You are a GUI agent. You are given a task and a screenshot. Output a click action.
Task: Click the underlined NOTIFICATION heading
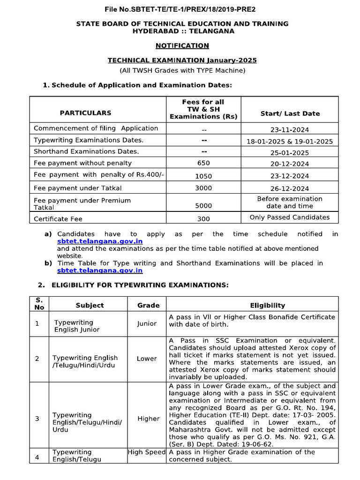182,45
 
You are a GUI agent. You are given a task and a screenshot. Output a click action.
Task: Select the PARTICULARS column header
85,113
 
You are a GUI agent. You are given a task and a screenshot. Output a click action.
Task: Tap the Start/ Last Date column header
290,113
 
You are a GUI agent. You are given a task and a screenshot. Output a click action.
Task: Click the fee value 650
203,163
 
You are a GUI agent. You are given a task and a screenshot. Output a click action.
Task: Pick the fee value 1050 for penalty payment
203,176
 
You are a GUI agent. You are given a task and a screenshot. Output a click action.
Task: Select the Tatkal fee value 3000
203,188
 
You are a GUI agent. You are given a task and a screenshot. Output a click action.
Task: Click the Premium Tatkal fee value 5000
203,205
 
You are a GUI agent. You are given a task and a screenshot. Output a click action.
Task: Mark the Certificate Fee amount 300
203,218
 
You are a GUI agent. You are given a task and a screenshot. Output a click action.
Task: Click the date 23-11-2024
290,130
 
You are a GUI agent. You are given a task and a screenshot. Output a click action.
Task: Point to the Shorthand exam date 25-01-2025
290,153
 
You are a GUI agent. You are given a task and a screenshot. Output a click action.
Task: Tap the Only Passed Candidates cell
290,217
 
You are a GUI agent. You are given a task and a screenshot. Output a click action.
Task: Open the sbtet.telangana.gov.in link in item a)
100,241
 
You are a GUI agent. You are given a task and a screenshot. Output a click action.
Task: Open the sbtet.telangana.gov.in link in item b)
100,270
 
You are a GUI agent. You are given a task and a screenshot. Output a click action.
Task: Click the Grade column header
148,305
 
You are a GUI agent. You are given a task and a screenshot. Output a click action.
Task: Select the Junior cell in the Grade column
147,323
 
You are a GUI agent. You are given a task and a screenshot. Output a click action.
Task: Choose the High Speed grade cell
147,452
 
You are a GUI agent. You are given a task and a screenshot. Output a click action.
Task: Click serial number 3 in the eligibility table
37,419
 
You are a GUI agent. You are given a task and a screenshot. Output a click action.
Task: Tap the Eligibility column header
267,305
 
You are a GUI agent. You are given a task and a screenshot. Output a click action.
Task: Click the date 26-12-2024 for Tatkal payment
290,188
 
